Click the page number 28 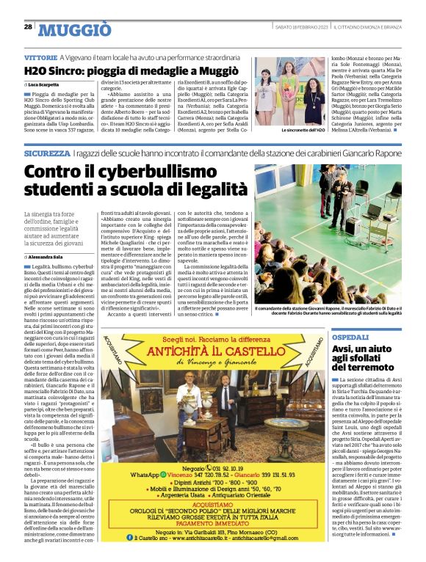coord(27,26)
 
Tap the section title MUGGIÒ coord(75,29)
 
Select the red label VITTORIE coord(40,57)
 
